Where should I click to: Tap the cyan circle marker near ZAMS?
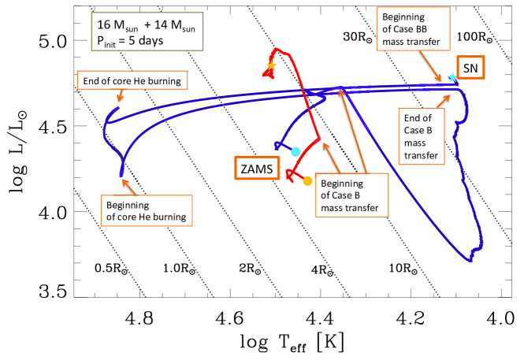(295, 151)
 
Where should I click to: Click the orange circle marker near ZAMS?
(307, 180)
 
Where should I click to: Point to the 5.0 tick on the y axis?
(58, 40)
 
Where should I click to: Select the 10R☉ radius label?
(407, 268)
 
